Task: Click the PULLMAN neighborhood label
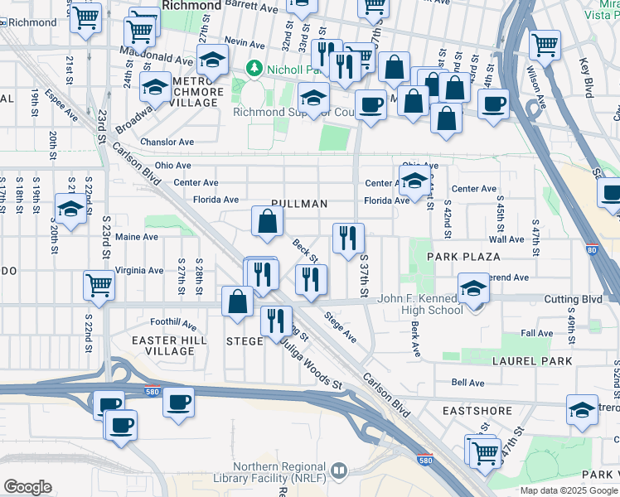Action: [299, 204]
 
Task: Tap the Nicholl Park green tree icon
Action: [254, 67]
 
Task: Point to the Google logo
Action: [27, 487]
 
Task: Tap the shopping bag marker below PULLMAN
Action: [268, 222]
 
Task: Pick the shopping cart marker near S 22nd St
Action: [99, 285]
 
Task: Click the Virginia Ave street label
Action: [139, 270]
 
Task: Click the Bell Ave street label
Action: [467, 383]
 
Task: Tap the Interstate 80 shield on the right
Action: [590, 248]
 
